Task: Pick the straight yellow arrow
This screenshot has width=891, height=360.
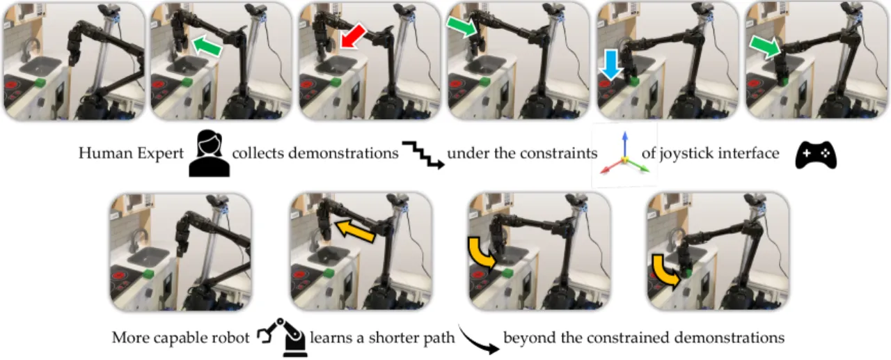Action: tap(355, 231)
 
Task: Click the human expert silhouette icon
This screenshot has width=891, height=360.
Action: tap(210, 153)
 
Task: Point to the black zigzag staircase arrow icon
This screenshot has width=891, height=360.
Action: tap(423, 155)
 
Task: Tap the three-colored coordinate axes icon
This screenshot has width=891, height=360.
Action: tap(624, 154)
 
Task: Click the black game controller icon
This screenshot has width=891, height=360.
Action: tap(816, 155)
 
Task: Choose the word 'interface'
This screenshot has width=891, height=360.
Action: tap(748, 153)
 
